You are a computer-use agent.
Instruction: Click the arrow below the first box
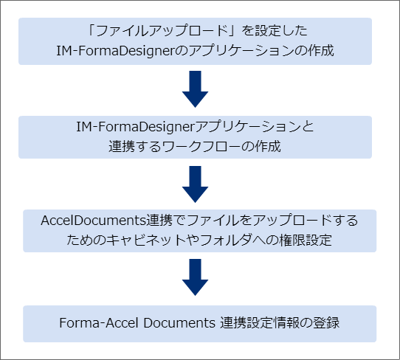coord(195,89)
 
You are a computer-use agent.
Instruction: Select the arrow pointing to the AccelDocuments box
coord(195,184)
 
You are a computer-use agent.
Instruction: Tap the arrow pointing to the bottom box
coord(195,277)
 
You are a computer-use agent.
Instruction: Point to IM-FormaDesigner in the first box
coord(118,51)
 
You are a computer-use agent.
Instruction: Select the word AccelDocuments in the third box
coord(94,221)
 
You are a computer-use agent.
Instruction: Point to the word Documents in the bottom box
coord(179,323)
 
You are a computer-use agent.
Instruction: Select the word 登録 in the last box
coord(326,323)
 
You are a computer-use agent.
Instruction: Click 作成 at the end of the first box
coord(321,50)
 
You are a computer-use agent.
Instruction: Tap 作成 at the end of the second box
coord(267,147)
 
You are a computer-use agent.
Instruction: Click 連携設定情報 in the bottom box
coord(260,323)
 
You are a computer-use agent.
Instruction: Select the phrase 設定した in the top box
coord(281,31)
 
